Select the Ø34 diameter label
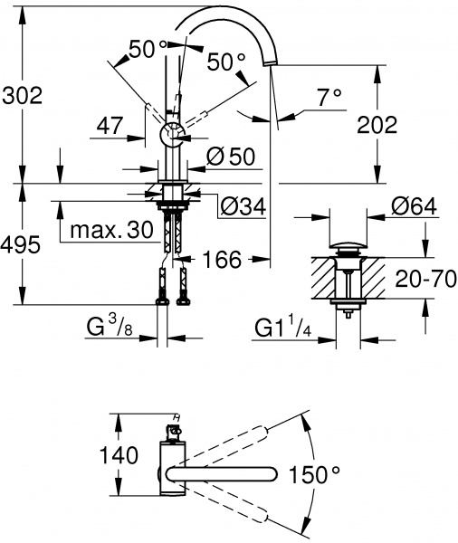coord(242,207)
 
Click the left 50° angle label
coord(148,50)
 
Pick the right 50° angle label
coord(226,62)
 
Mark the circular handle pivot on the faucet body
coord(171,135)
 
